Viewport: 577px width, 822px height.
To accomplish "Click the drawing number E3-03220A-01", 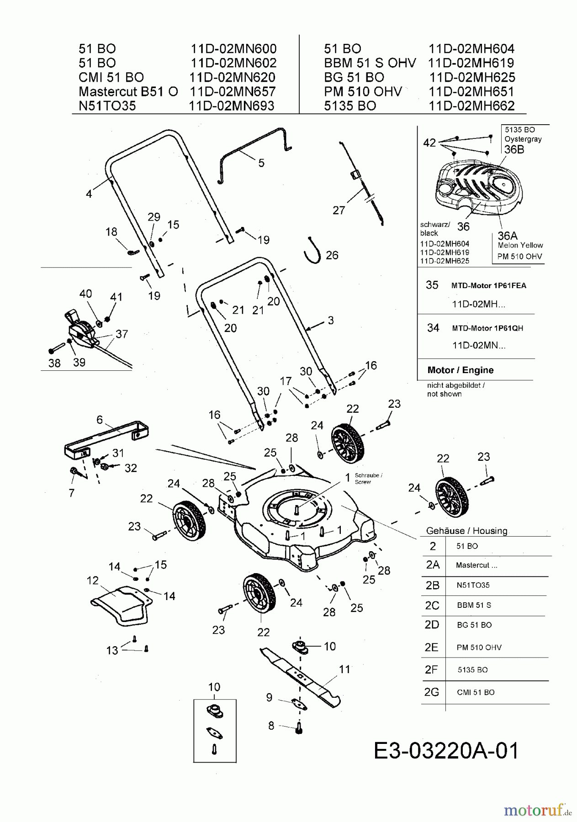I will (446, 751).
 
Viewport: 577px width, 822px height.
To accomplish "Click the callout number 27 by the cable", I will (339, 210).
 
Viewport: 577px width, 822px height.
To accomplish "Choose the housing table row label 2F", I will (431, 669).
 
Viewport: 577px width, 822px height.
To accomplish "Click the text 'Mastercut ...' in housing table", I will (476, 565).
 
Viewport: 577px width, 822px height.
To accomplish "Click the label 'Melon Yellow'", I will (520, 245).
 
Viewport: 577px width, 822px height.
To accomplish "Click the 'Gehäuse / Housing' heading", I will (466, 531).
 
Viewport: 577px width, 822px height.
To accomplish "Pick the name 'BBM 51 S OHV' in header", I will (370, 63).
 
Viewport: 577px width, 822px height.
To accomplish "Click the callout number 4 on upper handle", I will (89, 194).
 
